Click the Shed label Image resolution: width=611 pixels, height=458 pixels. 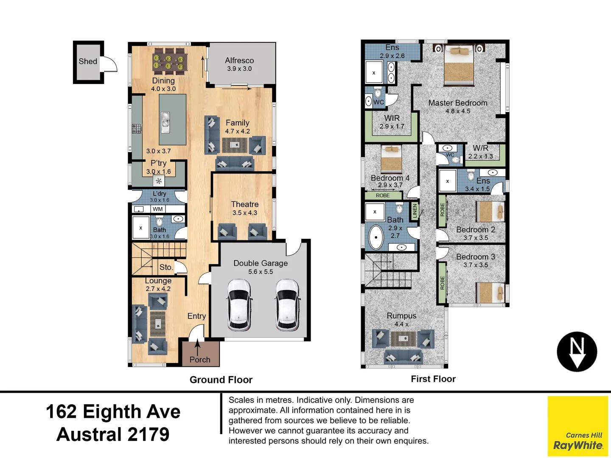click(x=88, y=61)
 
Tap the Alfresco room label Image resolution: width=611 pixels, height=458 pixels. click(x=239, y=60)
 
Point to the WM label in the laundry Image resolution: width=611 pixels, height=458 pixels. click(x=157, y=209)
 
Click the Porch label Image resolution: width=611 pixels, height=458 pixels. click(x=200, y=360)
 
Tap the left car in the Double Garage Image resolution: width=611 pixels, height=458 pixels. click(x=239, y=305)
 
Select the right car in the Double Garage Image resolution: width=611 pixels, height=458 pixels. click(x=287, y=305)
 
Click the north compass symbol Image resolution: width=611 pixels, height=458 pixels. click(x=577, y=352)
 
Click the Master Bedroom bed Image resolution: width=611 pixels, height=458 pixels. click(x=458, y=65)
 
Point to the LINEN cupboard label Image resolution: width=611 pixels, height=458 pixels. click(x=415, y=211)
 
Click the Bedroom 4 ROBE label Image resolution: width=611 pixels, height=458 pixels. click(x=383, y=195)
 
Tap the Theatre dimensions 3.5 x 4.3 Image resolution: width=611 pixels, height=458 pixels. click(x=245, y=213)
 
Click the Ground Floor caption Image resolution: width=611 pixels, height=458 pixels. click(x=221, y=380)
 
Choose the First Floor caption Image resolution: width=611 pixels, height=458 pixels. click(x=433, y=379)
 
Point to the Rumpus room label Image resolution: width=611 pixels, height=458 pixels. click(x=402, y=316)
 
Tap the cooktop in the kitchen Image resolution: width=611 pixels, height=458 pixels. click(x=137, y=128)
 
